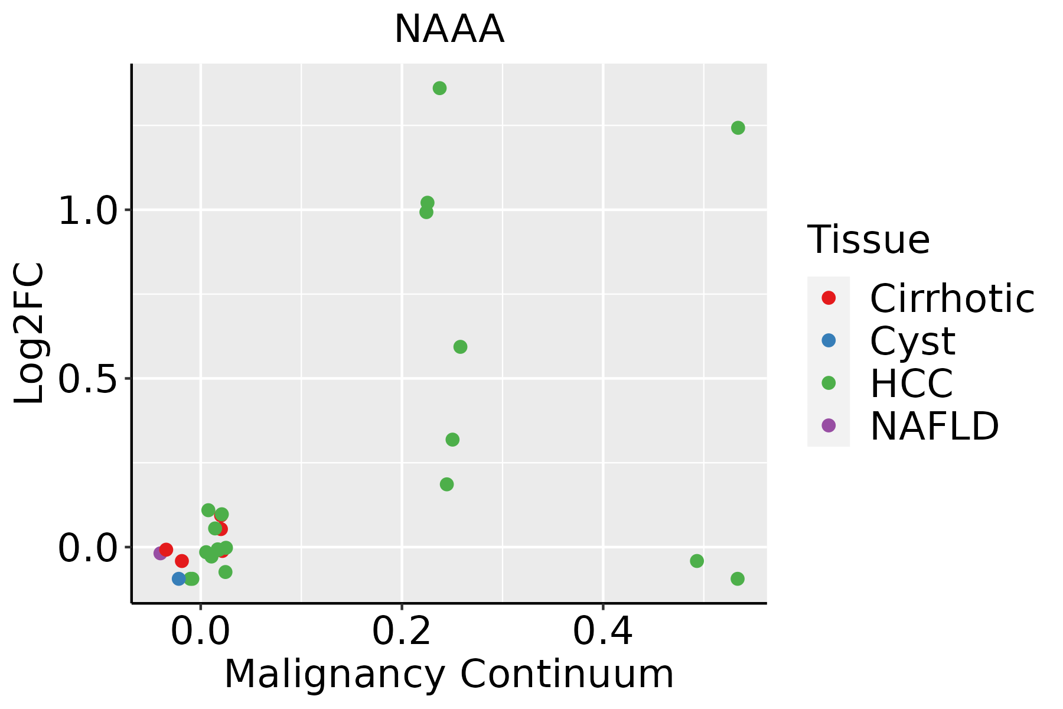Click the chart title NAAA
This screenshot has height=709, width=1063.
pyautogui.click(x=449, y=30)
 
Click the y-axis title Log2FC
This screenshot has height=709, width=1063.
pyautogui.click(x=30, y=333)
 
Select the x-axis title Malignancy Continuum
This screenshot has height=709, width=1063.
pyautogui.click(x=449, y=675)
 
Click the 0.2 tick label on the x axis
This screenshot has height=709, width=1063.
pyautogui.click(x=402, y=632)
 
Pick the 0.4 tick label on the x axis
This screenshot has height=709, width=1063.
pyautogui.click(x=603, y=632)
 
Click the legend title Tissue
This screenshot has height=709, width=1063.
pyautogui.click(x=868, y=240)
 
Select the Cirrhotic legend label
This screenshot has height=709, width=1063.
pyautogui.click(x=952, y=298)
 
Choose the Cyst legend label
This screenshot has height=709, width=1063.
pyautogui.click(x=912, y=341)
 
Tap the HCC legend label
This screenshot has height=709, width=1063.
pyautogui.click(x=911, y=383)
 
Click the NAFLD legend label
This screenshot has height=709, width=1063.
pyautogui.click(x=934, y=425)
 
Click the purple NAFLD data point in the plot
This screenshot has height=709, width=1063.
pyautogui.click(x=160, y=553)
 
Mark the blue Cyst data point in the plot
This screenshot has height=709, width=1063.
pyautogui.click(x=179, y=578)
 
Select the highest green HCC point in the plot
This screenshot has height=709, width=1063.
pyautogui.click(x=439, y=88)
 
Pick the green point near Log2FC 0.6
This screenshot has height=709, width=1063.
pyautogui.click(x=460, y=347)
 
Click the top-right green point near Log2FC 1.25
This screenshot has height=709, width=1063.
pyautogui.click(x=738, y=128)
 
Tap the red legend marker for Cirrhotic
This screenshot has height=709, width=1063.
pyautogui.click(x=829, y=298)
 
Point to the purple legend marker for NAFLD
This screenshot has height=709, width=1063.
pyautogui.click(x=829, y=425)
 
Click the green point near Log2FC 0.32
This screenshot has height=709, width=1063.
pyautogui.click(x=452, y=440)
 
